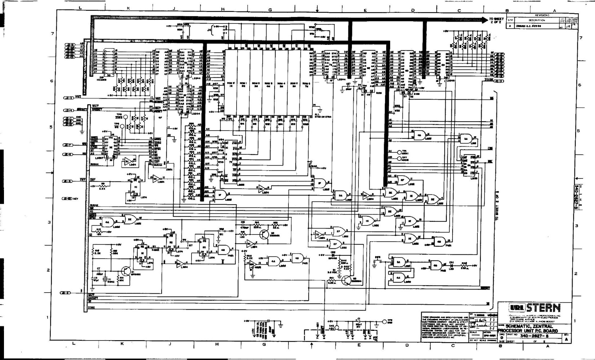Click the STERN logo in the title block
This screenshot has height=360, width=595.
click(544, 308)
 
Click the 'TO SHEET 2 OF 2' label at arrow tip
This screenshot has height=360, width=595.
click(496, 21)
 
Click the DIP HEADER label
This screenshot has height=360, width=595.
click(102, 78)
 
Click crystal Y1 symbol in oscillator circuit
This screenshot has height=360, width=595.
click(106, 280)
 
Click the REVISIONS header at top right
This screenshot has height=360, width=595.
click(542, 15)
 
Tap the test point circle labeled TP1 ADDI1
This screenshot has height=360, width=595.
click(399, 152)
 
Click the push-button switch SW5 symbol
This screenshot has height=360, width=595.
click(378, 261)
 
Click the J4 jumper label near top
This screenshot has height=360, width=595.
click(209, 30)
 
